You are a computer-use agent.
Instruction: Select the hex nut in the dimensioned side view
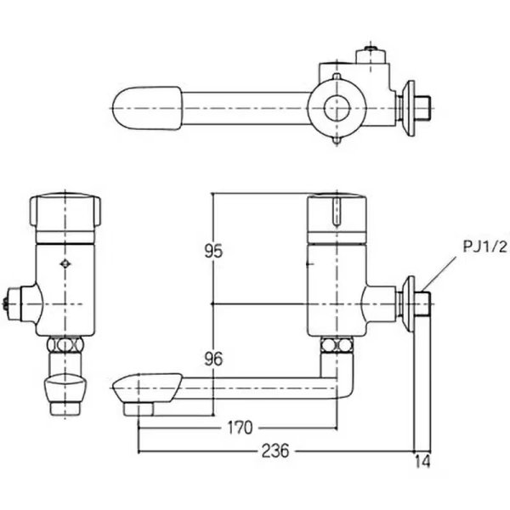(337, 347)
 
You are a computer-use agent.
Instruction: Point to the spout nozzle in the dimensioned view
(140, 395)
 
